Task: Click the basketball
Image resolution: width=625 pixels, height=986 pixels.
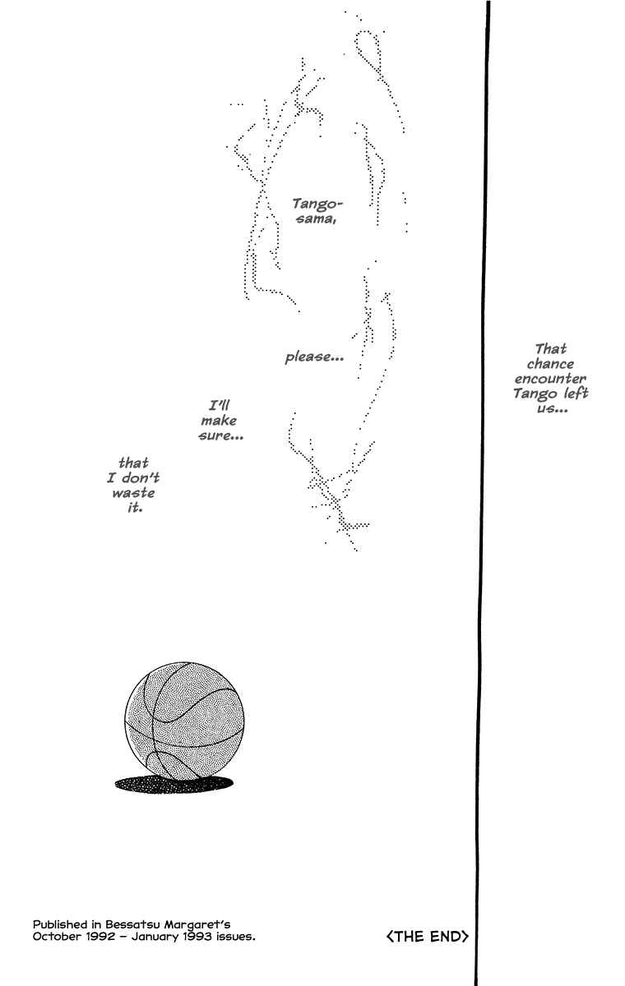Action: [184, 721]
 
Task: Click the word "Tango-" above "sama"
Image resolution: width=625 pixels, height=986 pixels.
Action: [317, 204]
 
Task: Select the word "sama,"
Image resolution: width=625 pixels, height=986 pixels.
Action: [317, 219]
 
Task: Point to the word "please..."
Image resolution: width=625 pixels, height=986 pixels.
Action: [314, 357]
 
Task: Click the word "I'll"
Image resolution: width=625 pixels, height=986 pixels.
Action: [220, 405]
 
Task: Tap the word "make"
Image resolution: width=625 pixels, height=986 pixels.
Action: [219, 421]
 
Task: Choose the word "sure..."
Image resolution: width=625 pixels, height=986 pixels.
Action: [221, 435]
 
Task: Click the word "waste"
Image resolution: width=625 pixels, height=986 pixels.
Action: [133, 492]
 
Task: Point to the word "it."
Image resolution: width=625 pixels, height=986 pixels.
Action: [135, 508]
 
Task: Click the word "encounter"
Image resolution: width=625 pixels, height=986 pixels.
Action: [550, 379]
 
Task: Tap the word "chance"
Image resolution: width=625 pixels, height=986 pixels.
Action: [550, 363]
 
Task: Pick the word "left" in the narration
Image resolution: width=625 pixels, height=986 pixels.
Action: [576, 393]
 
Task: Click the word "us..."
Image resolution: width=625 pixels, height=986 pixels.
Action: [553, 408]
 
